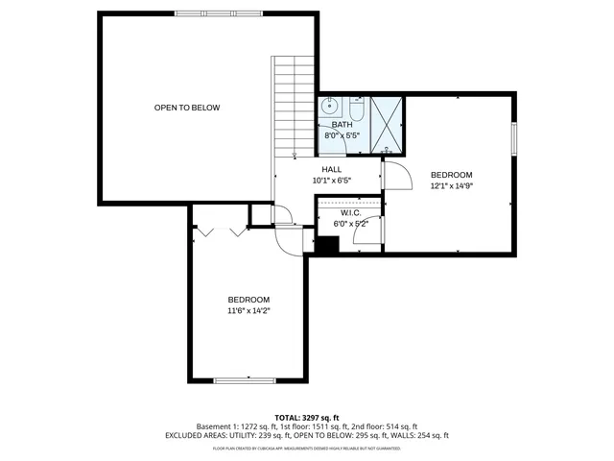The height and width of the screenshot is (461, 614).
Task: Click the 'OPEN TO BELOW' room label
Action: (x=187, y=108)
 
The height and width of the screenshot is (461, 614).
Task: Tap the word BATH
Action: (x=342, y=125)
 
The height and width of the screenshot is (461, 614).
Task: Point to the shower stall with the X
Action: (x=388, y=124)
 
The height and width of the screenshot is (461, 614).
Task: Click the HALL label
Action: (x=332, y=169)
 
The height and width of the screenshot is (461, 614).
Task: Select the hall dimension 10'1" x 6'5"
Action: (x=332, y=180)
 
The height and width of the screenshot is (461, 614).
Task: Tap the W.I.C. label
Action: (x=350, y=212)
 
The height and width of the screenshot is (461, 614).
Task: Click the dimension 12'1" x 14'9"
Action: (x=452, y=186)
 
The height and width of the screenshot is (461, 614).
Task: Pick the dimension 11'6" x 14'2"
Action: (x=248, y=311)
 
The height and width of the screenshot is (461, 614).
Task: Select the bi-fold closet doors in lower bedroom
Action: (x=221, y=231)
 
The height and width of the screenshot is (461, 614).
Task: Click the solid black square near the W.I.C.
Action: (x=327, y=245)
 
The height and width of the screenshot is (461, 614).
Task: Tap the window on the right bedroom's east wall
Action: (x=514, y=138)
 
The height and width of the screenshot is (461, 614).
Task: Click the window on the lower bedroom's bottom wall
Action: (x=245, y=381)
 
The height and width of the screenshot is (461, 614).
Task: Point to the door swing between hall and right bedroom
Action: (x=396, y=175)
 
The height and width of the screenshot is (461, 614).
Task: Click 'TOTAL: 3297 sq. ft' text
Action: (x=307, y=418)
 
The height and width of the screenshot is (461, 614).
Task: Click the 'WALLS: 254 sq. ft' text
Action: (x=417, y=435)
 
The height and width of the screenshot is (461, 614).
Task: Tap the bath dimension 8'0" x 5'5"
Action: (x=342, y=135)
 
